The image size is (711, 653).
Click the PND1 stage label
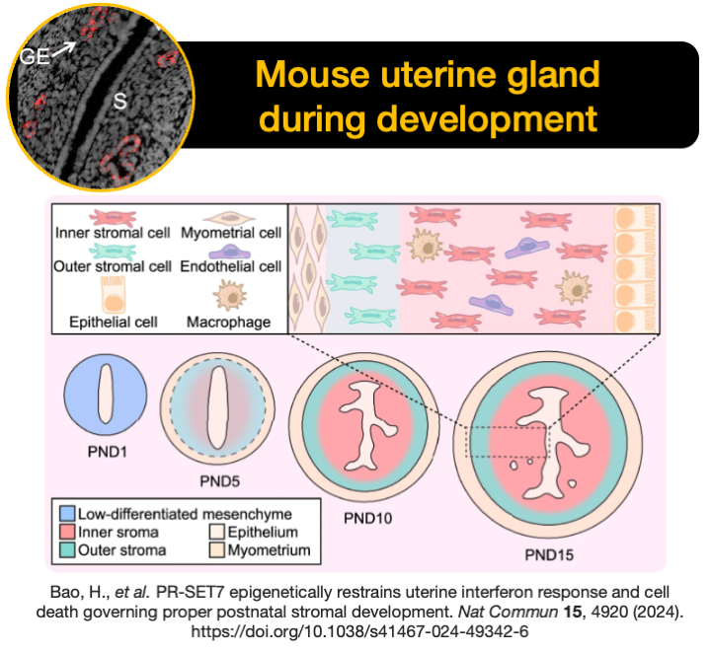tap(108, 452)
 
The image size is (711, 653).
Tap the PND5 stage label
tap(220, 481)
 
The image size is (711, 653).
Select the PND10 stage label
tap(367, 518)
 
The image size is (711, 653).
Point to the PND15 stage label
tap(549, 554)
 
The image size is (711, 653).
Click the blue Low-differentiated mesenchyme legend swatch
tap(67, 514)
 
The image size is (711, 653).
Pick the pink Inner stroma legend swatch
tap(67, 532)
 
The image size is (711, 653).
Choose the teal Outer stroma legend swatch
tap(67, 549)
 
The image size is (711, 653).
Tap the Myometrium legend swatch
tap(217, 549)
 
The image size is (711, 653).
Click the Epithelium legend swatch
tap(217, 532)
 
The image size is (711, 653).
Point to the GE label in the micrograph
tap(35, 56)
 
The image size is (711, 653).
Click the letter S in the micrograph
tap(119, 101)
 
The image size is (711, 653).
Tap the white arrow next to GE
tap(64, 49)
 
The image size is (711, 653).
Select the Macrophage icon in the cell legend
tap(229, 295)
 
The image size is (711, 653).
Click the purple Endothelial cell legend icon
tap(230, 251)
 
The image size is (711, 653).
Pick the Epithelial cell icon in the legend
tap(113, 295)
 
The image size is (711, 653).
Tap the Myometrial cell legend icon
tap(229, 218)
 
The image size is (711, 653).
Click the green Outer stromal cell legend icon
tap(113, 252)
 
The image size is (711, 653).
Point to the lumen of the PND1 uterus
tap(106, 394)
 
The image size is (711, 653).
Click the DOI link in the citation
tap(359, 631)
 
